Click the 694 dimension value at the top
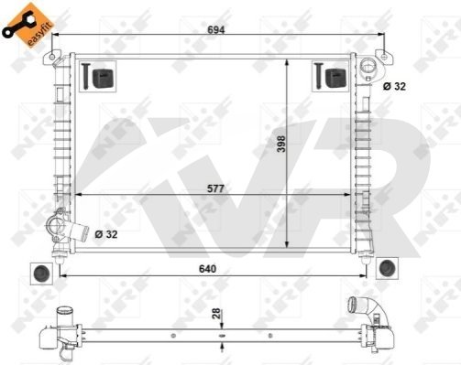(x=216, y=29)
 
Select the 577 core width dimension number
(x=215, y=188)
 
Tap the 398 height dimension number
(x=280, y=144)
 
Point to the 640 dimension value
(x=207, y=269)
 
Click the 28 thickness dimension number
(x=216, y=314)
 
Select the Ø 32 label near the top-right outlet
(x=394, y=86)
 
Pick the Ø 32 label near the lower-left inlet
(x=106, y=234)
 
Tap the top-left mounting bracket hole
(x=52, y=57)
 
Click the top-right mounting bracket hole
(x=385, y=56)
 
